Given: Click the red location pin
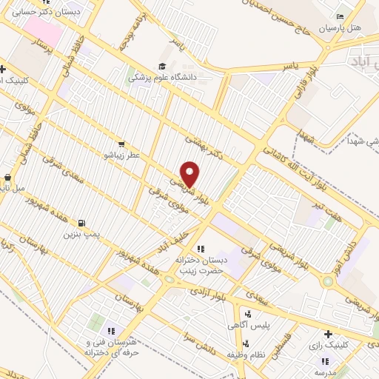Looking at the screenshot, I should pyautogui.click(x=189, y=175).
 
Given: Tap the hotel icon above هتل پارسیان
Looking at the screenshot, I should pyautogui.click(x=340, y=17).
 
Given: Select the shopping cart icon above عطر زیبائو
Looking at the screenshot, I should pyautogui.click(x=121, y=144).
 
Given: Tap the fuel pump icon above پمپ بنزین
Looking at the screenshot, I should pyautogui.click(x=80, y=223).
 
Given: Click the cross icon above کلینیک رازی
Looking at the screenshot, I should pyautogui.click(x=327, y=334).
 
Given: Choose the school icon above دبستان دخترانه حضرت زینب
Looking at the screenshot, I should pyautogui.click(x=199, y=249).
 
